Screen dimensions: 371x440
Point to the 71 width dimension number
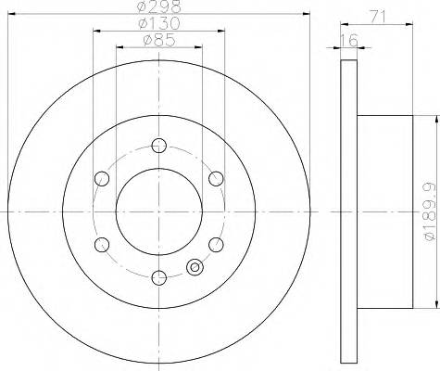point(376,16)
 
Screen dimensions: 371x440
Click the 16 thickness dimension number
point(348,40)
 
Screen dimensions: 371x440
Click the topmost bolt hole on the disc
point(158,145)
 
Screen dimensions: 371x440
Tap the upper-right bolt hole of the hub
point(216,178)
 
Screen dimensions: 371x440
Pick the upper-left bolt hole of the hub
point(101,178)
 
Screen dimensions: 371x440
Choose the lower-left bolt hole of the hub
point(101,244)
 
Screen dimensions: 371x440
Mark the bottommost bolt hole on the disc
point(158,276)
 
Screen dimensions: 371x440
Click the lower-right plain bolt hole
point(216,244)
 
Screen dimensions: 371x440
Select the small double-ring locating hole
point(195,268)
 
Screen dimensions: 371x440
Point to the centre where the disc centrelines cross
point(158,211)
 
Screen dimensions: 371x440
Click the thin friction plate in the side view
point(348,211)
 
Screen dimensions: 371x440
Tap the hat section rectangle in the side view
point(383,211)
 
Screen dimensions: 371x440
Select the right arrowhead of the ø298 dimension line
point(306,13)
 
